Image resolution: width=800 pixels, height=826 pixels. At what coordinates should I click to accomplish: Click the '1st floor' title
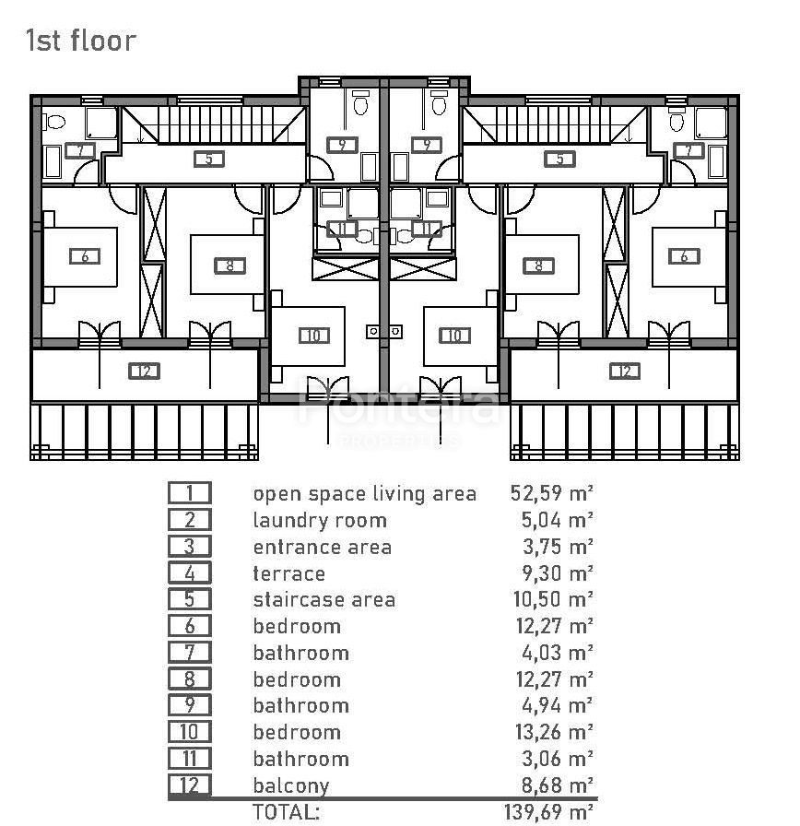pos(80,41)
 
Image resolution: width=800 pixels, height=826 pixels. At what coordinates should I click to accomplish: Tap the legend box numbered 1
pos(190,493)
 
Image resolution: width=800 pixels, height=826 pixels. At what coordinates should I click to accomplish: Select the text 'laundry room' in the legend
pos(320,521)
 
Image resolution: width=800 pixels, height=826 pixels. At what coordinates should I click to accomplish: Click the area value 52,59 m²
pos(552,493)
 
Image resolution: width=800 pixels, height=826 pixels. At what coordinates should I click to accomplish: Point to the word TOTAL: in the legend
pos(286,811)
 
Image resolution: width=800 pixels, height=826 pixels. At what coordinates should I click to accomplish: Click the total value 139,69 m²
pos(548,811)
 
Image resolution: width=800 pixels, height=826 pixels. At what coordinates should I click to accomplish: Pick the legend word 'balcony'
pos(290,785)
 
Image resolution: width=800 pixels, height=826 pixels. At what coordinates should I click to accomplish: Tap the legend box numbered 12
pos(190,785)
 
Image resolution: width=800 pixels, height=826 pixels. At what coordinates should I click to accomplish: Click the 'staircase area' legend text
pos(324,599)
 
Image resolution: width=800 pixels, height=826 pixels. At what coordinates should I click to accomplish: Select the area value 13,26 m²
pos(555,732)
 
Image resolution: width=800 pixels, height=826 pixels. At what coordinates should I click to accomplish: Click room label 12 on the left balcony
pos(144,372)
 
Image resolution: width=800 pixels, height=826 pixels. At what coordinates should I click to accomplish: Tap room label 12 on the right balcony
pos(625,372)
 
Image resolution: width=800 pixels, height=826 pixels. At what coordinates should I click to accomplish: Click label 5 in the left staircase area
pos(209,159)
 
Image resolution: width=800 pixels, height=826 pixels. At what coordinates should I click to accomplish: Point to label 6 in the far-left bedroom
pos(85,256)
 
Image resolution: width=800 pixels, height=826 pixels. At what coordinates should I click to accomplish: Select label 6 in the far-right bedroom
pos(684,256)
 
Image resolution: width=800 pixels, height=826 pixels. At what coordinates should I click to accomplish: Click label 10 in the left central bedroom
pos(314,336)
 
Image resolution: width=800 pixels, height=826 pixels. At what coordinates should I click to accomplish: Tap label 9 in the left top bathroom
pos(342,145)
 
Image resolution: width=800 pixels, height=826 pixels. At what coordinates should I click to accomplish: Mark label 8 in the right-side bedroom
pos(538,266)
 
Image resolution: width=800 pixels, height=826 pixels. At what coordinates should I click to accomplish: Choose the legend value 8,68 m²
pos(558,785)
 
